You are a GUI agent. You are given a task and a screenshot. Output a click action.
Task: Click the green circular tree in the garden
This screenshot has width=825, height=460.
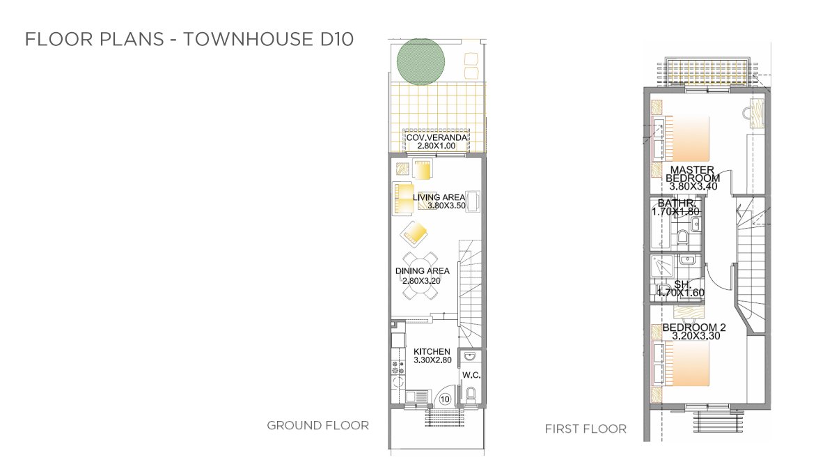[x=421, y=61]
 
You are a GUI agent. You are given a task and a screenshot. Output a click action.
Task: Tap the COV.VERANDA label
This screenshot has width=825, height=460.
[x=437, y=137]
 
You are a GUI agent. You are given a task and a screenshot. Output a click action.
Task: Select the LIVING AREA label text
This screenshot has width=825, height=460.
[x=439, y=198]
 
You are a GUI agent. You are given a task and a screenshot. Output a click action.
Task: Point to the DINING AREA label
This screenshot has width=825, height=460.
[x=423, y=271]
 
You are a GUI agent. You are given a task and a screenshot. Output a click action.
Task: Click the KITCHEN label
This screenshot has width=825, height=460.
[x=432, y=351]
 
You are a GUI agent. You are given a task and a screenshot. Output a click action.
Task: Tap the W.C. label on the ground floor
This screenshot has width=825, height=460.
[x=471, y=375]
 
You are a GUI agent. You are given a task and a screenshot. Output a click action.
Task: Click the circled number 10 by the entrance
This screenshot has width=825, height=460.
[x=445, y=399]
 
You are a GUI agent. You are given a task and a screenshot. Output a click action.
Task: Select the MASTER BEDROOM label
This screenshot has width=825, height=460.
[x=693, y=174]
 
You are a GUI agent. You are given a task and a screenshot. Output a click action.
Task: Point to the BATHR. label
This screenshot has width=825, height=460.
[x=677, y=203]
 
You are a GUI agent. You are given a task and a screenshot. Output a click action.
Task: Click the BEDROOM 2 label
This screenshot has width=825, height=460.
[x=690, y=327]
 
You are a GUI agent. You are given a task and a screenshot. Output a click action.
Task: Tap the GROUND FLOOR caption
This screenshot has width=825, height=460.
[x=317, y=425]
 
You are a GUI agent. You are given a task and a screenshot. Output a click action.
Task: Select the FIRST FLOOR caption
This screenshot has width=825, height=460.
[x=586, y=429]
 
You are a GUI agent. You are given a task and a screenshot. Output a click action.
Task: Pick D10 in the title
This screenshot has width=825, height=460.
[x=337, y=39]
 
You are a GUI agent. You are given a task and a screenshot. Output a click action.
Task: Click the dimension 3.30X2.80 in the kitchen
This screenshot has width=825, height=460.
[x=432, y=360]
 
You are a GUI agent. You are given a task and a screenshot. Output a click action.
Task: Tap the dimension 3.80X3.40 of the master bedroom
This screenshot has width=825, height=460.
[x=693, y=187]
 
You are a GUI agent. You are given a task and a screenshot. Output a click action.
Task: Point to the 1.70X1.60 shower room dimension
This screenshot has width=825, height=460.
[x=680, y=293]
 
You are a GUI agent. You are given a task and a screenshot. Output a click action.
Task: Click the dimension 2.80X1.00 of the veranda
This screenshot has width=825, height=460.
[x=437, y=146]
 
